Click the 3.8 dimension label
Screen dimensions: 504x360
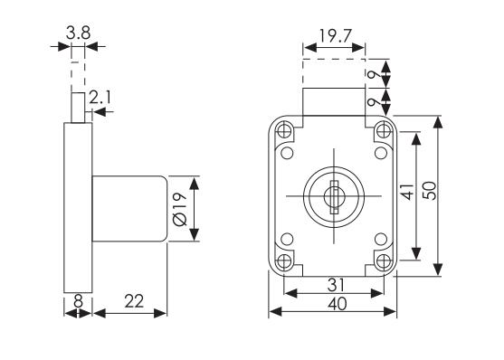[x=78, y=33]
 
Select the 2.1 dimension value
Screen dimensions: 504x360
[x=100, y=98]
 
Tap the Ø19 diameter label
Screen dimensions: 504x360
[x=180, y=209]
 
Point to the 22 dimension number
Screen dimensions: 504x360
[x=134, y=301]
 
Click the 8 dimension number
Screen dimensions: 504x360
[x=78, y=301]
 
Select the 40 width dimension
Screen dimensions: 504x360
[x=338, y=304]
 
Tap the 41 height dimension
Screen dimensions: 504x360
[x=408, y=192]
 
